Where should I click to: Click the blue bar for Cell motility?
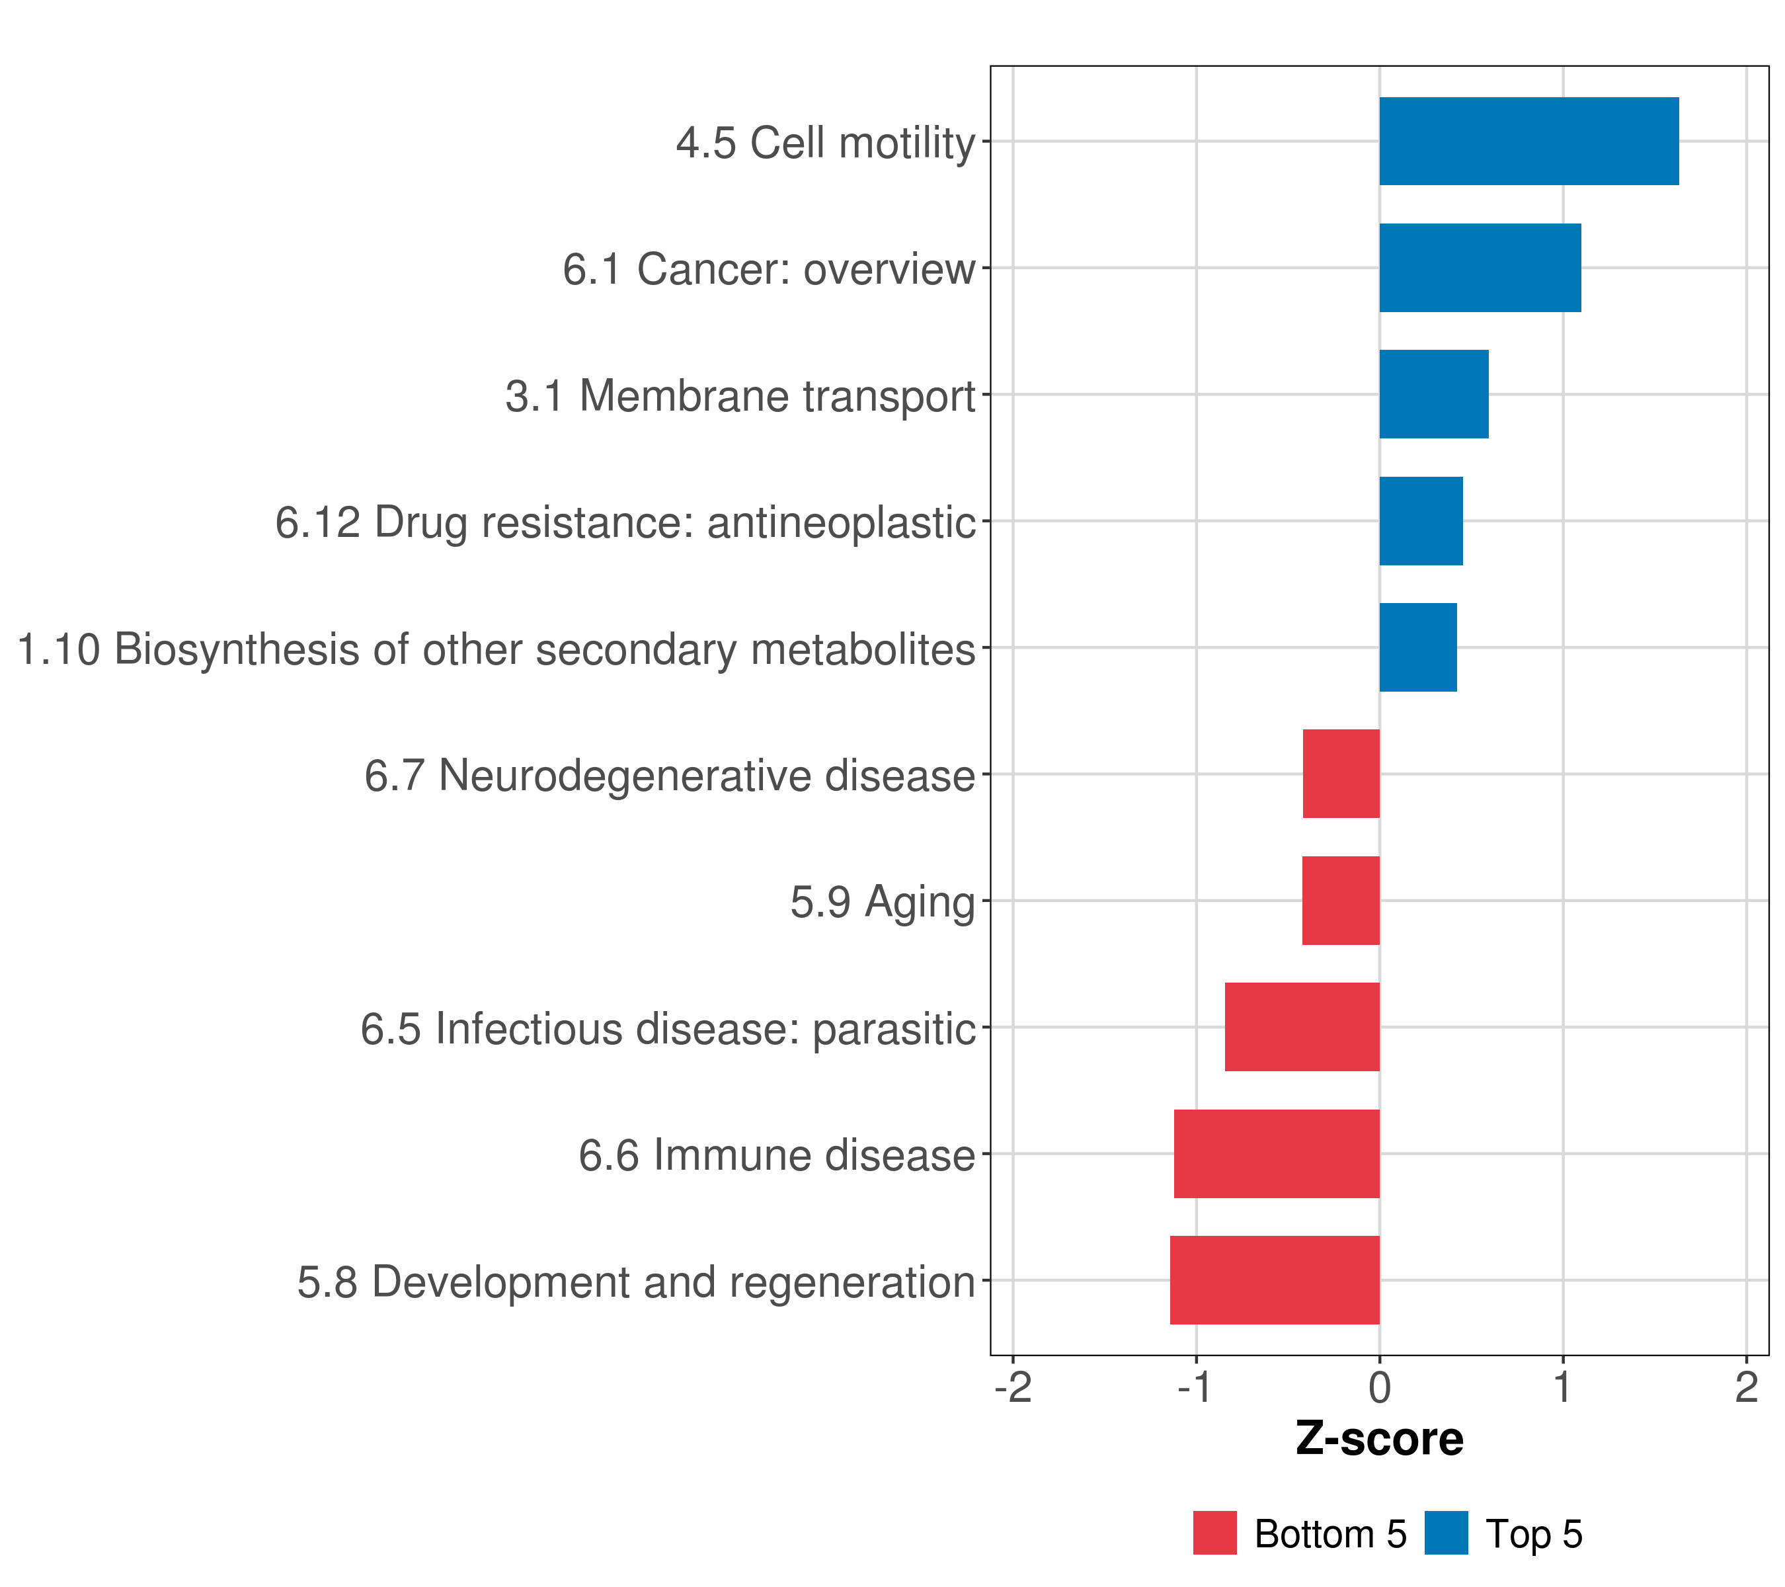[1528, 142]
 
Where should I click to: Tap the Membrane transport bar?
[1434, 394]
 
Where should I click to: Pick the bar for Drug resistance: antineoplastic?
[1421, 520]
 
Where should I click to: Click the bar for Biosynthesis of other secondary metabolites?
[1418, 647]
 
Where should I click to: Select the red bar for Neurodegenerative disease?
[1341, 774]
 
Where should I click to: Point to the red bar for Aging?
[1341, 901]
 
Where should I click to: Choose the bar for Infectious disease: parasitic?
[1302, 1027]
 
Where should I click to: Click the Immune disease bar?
[1277, 1154]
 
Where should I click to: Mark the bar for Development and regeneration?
[1275, 1280]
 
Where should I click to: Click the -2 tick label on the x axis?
[1013, 1388]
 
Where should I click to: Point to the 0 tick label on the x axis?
[1380, 1388]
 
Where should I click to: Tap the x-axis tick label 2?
[1747, 1388]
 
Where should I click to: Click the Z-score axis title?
[1380, 1438]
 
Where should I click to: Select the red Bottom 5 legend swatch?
[1214, 1533]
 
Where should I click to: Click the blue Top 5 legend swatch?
[1446, 1533]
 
